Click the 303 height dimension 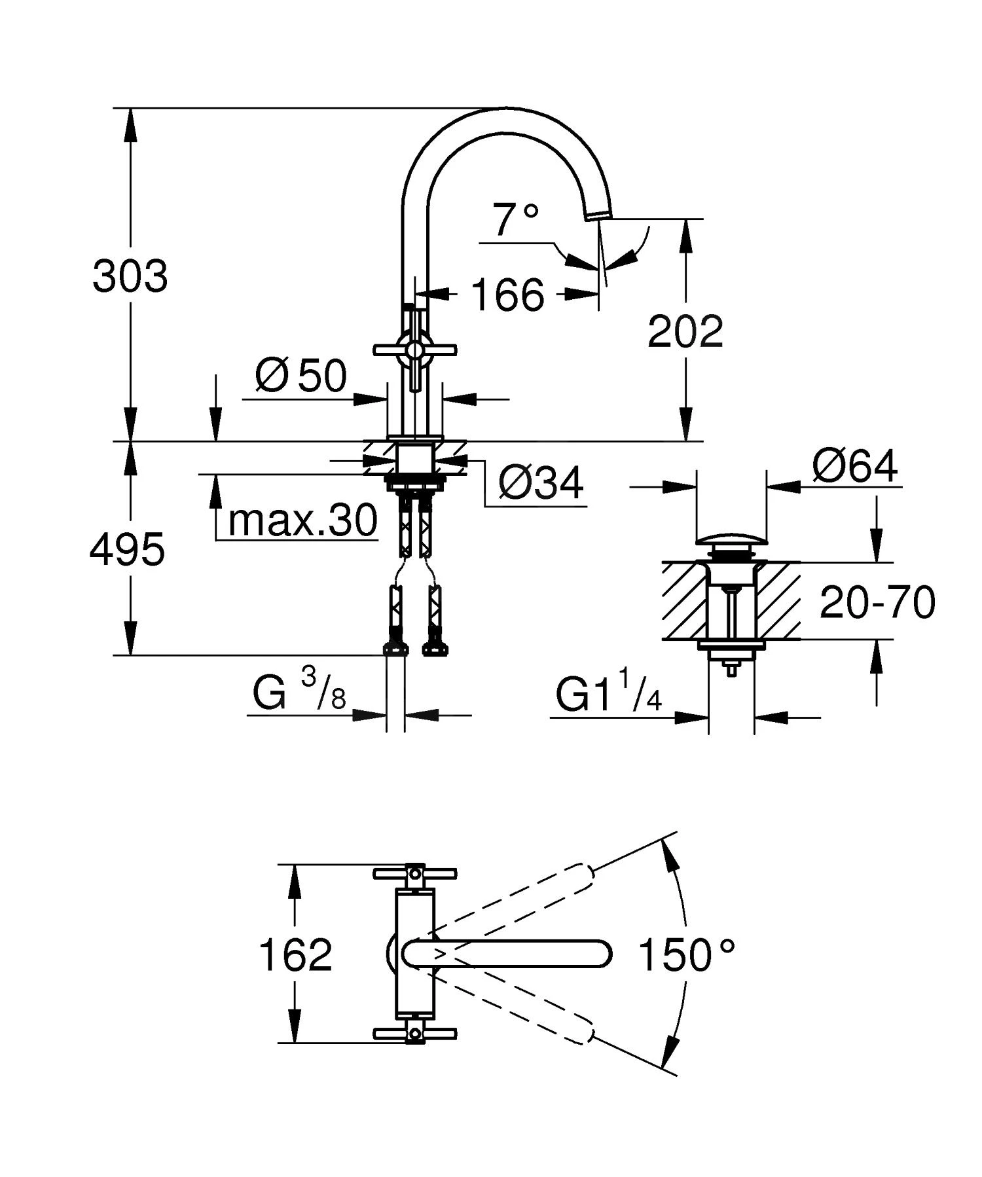coord(130,276)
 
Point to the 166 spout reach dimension coord(507,295)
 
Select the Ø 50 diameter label coord(300,376)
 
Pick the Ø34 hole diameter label coord(540,484)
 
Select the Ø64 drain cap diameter coord(855,467)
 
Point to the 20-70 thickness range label coord(877,602)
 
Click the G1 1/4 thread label coord(608,695)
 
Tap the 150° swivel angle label coord(686,954)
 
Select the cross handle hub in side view coord(414,350)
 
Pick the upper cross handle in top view coord(414,873)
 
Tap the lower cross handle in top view coord(414,1034)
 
